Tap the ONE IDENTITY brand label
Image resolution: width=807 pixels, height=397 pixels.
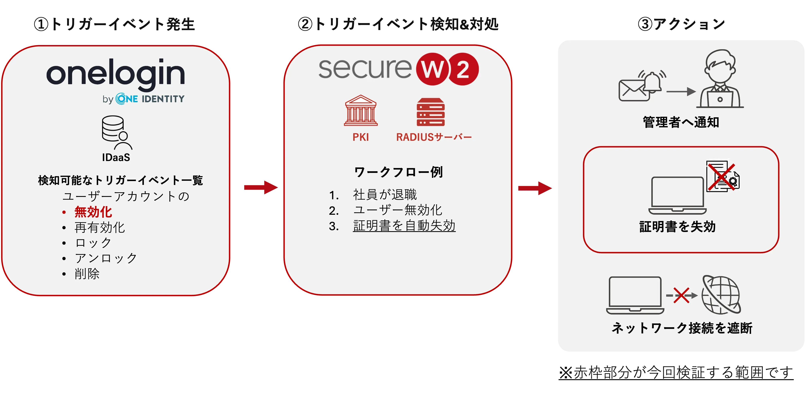150,99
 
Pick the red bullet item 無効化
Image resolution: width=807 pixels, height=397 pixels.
93,212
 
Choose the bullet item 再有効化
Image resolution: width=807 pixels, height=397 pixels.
100,227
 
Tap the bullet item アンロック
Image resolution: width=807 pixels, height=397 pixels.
106,258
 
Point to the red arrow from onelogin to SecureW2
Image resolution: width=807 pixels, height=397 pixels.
261,187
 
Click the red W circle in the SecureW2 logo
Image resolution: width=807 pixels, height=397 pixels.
432,69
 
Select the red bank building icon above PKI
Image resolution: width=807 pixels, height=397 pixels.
361,110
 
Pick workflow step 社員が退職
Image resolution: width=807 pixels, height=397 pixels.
385,194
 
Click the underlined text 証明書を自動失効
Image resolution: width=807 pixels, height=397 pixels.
404,226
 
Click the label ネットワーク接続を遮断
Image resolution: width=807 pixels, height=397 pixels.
682,328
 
